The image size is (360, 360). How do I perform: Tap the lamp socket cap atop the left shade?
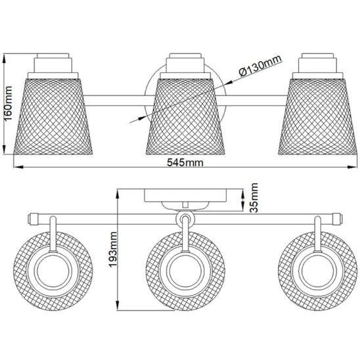[x=51, y=64]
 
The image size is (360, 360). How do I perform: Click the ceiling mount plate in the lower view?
[x=186, y=196]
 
